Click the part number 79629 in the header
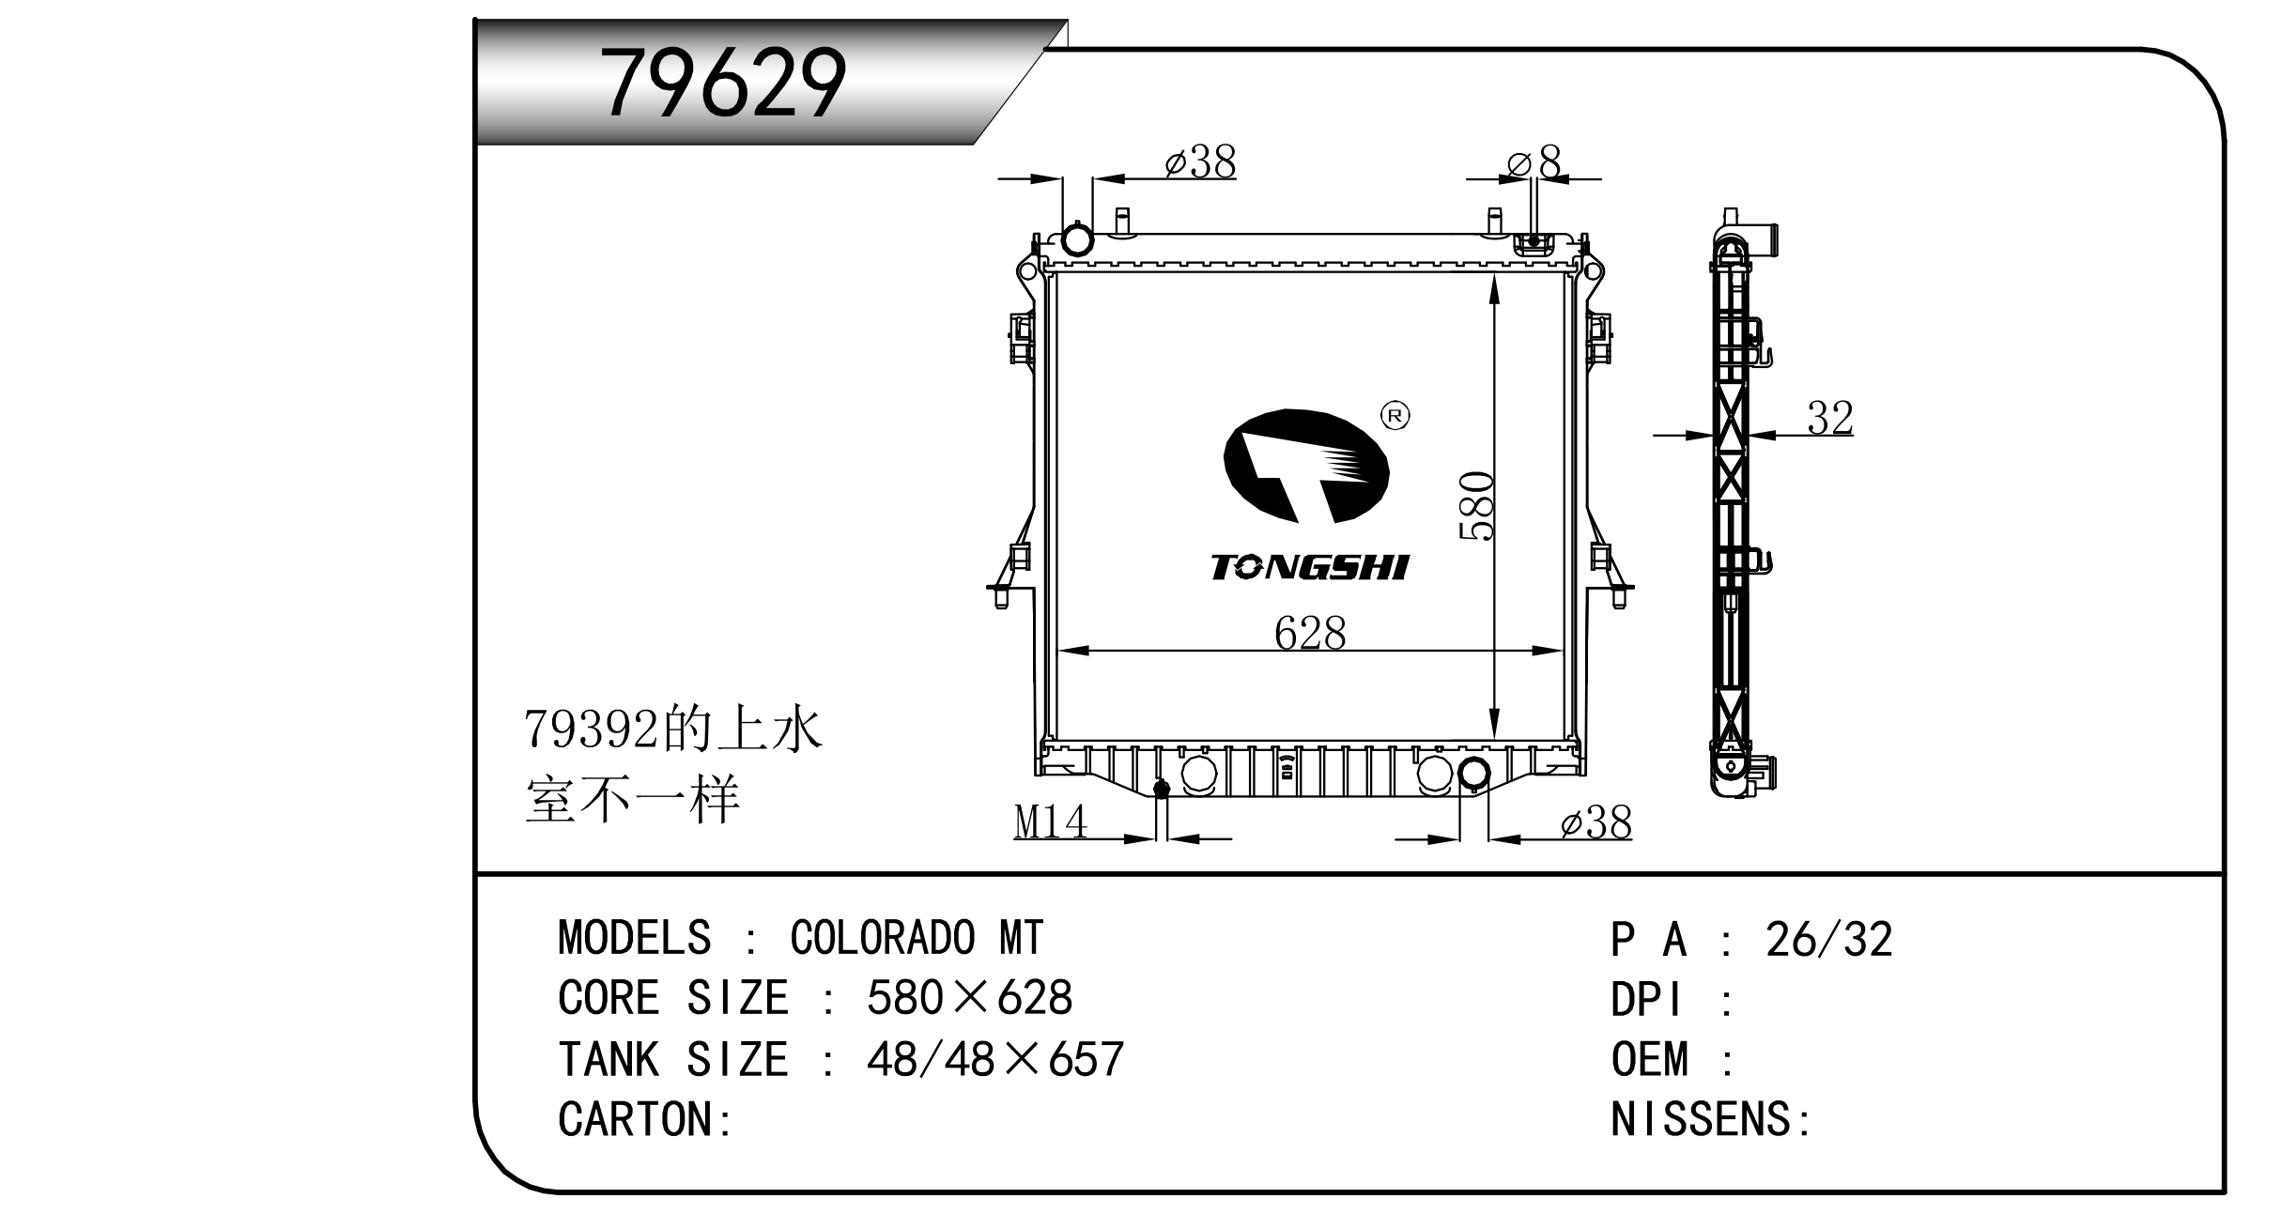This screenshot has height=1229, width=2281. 723,84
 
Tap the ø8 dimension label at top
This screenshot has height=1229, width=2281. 1534,162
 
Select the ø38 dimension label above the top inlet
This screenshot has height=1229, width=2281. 1200,162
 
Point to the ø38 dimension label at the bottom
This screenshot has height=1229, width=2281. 1596,823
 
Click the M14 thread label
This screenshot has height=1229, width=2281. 1051,822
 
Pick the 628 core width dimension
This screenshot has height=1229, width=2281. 1310,634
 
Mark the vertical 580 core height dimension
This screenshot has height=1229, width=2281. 1477,507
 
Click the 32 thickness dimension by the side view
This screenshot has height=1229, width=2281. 1830,419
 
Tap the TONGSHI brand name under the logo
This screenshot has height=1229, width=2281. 1310,567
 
